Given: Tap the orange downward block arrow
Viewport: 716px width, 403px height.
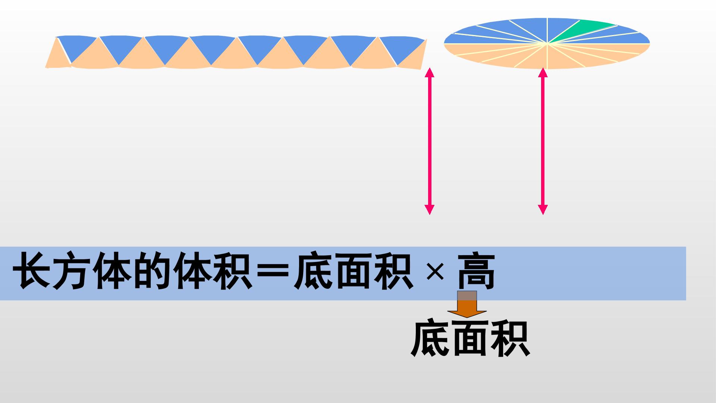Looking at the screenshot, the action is pyautogui.click(x=467, y=304).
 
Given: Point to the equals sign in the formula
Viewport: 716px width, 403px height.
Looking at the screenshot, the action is pyautogui.click(x=272, y=272).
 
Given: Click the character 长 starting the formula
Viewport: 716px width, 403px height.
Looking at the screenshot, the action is pyautogui.click(x=32, y=271).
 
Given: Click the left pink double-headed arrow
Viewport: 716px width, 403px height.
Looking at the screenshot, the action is pyautogui.click(x=430, y=141).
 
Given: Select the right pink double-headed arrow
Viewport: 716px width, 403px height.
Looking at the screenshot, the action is pyautogui.click(x=543, y=141).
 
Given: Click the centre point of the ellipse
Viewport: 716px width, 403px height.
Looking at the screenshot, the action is pyautogui.click(x=547, y=44).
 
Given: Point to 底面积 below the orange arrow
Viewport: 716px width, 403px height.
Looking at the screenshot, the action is pyautogui.click(x=470, y=338).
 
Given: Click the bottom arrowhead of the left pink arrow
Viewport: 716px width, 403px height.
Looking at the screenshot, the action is pyautogui.click(x=430, y=210).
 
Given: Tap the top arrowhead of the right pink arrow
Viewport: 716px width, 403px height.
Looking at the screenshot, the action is pyautogui.click(x=543, y=73).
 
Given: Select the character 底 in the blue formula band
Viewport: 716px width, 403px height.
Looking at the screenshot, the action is pyautogui.click(x=313, y=271).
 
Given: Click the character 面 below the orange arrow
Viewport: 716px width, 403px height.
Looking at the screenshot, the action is pyautogui.click(x=470, y=338).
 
